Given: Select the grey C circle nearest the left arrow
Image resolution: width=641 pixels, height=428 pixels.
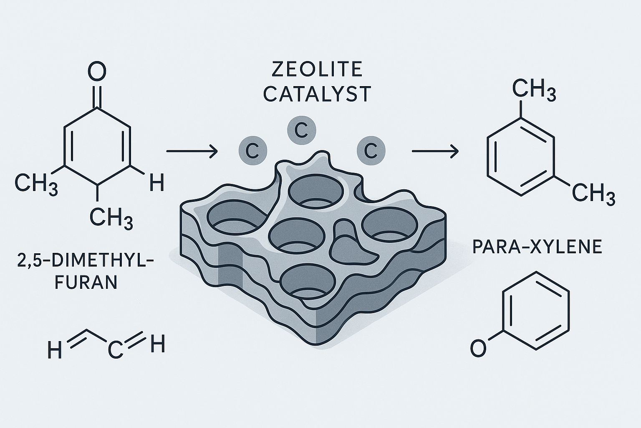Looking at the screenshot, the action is click(x=252, y=151).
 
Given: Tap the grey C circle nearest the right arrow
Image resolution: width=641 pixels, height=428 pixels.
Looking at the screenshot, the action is click(x=371, y=151).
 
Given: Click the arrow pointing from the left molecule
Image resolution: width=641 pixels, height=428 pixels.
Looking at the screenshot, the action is click(x=192, y=151).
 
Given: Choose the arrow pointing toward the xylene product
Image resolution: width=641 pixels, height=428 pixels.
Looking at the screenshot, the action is click(x=435, y=151).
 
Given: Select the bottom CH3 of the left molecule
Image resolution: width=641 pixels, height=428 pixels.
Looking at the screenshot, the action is click(x=111, y=219).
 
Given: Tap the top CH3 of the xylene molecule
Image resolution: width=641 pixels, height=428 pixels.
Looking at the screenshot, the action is click(x=534, y=89).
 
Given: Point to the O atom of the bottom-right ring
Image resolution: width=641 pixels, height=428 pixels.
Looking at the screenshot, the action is click(x=479, y=348).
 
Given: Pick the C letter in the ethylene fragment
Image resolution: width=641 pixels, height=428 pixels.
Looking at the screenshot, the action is click(x=115, y=350).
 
